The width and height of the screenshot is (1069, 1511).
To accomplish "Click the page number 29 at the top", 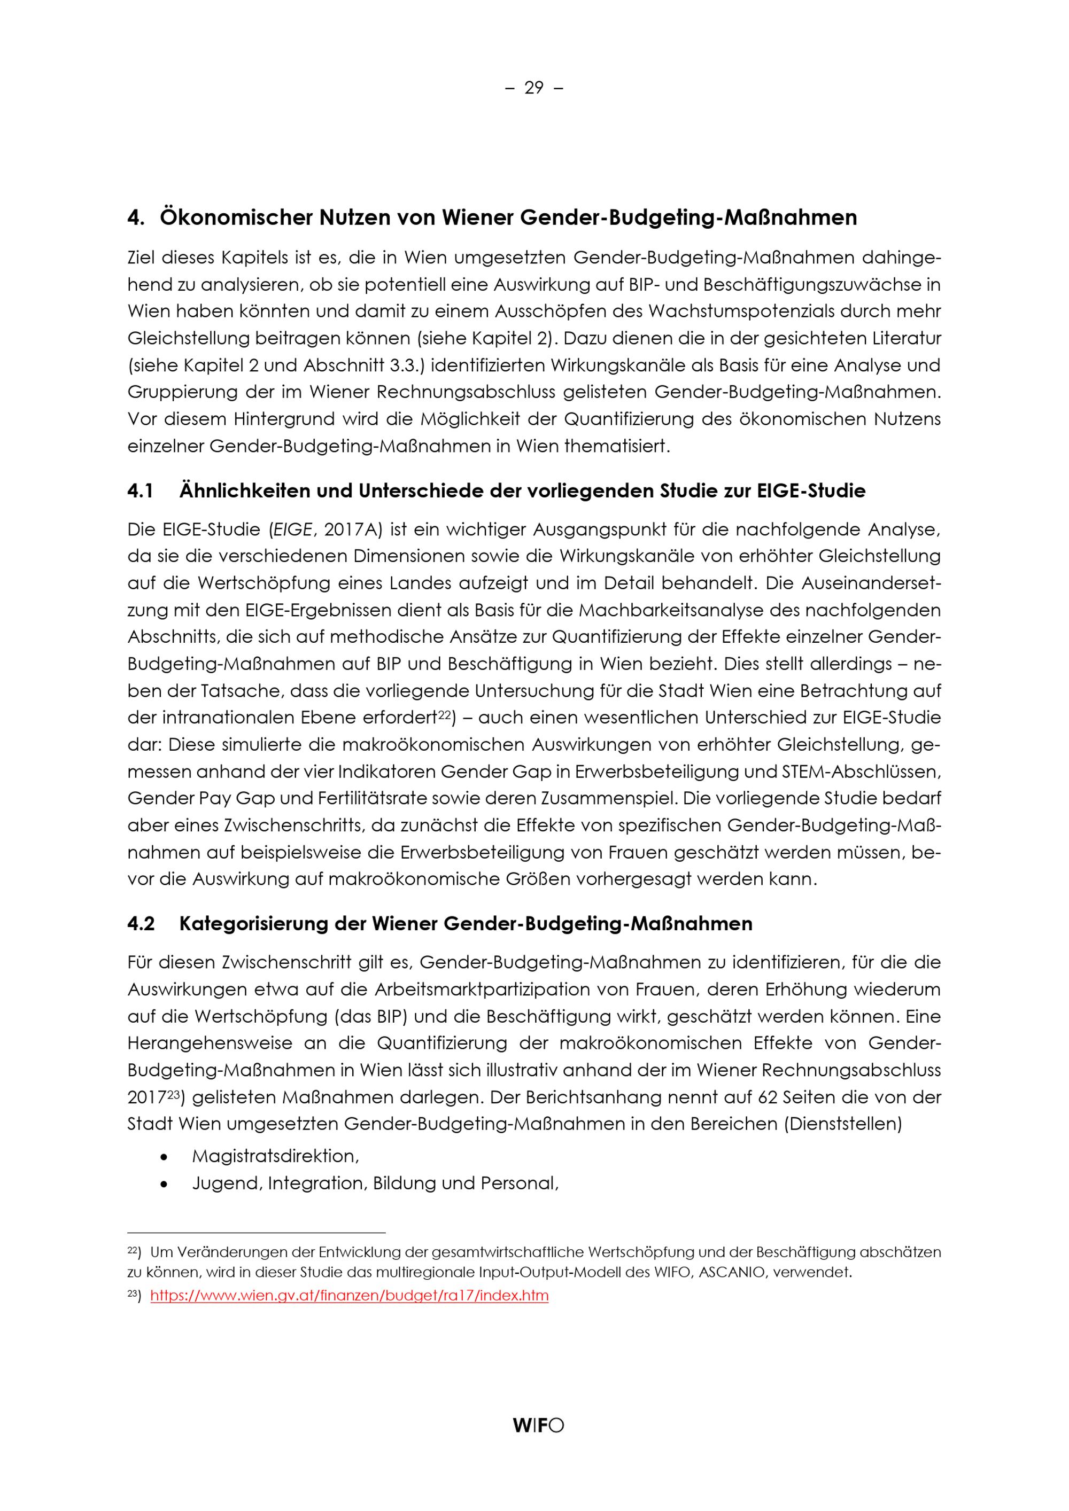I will coord(534,88).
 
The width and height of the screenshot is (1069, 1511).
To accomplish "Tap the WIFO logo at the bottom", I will coord(538,1426).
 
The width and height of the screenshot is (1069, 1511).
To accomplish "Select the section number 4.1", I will coord(140,491).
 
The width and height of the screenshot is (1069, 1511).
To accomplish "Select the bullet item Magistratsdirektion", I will coord(275,1156).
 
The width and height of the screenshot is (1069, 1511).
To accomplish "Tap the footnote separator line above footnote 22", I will coord(256,1233).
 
